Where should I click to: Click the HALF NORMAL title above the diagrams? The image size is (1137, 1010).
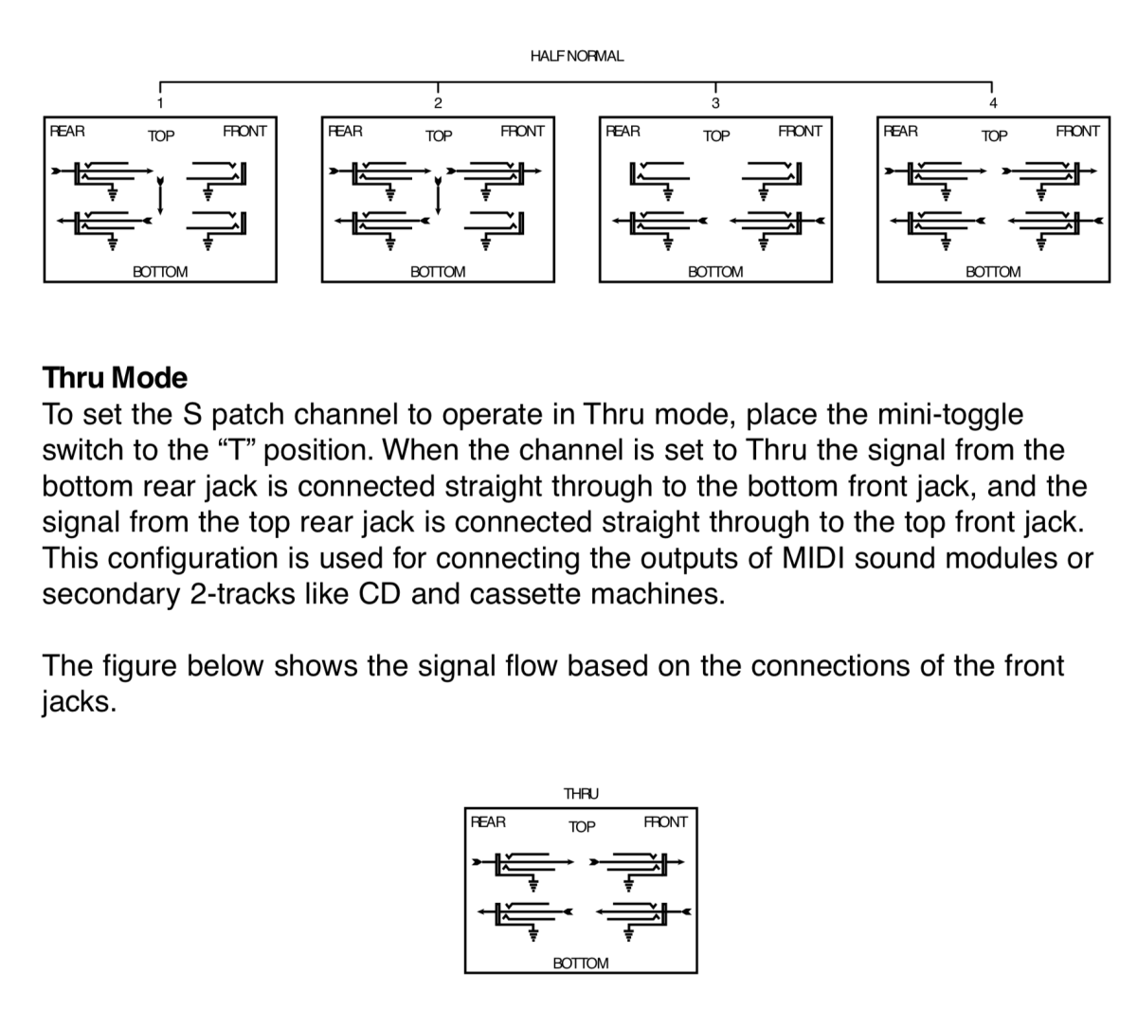(576, 56)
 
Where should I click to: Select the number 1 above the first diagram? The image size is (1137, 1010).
(160, 103)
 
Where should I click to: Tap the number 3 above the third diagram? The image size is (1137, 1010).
(715, 103)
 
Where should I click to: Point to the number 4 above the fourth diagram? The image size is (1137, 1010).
(993, 103)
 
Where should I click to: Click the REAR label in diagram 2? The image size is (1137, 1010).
(345, 132)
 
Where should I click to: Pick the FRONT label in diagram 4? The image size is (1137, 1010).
(1077, 132)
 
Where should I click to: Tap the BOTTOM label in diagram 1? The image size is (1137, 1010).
(160, 272)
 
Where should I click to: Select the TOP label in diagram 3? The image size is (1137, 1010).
(716, 135)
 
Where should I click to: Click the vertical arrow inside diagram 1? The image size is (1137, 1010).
(160, 196)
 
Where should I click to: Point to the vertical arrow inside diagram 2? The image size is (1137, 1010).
(438, 196)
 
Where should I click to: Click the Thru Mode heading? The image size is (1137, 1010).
(115, 378)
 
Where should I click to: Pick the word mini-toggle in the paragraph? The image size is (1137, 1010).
(950, 415)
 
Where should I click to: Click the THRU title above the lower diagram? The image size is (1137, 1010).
(581, 793)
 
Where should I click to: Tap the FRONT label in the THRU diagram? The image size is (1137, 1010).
(665, 822)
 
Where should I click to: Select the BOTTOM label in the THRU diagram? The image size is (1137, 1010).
(580, 963)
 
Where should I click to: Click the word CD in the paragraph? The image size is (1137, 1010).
(379, 594)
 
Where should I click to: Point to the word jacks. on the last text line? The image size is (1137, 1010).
(80, 702)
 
